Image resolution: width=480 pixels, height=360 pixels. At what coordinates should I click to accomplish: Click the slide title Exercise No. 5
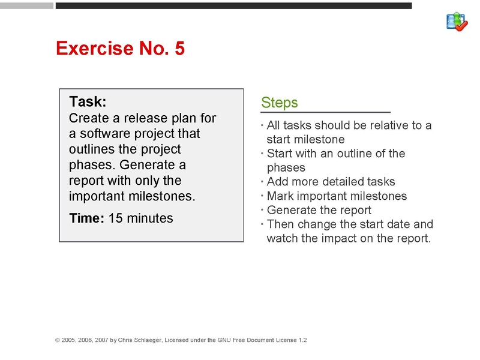tap(120, 49)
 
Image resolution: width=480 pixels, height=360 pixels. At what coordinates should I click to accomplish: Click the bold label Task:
tap(88, 101)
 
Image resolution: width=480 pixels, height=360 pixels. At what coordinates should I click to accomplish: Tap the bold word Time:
tap(87, 218)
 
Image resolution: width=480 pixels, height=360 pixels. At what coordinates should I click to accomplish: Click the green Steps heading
tap(280, 103)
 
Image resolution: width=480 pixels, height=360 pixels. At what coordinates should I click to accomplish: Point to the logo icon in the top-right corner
tap(457, 22)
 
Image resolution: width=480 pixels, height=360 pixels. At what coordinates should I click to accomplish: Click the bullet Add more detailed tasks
tap(331, 182)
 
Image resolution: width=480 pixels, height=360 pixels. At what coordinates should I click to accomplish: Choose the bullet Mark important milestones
tap(337, 196)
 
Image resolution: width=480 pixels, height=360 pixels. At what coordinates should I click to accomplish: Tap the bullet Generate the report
tap(319, 210)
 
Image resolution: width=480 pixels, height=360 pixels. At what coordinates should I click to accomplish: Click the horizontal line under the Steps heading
tap(326, 112)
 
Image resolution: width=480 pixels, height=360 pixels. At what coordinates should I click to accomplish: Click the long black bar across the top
tap(233, 5)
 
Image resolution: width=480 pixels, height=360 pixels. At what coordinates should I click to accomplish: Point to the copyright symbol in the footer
tap(58, 340)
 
